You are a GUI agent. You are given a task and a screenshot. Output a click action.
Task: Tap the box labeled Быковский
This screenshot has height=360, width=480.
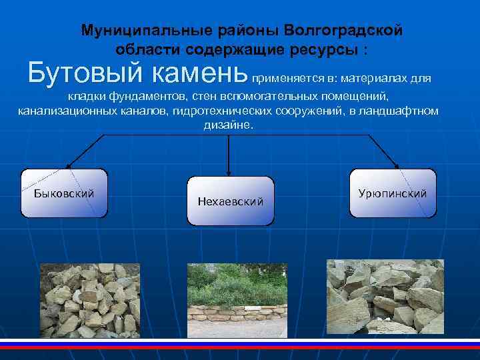tap(64, 193)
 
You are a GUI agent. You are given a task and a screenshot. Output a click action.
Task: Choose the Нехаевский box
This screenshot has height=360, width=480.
tap(231, 201)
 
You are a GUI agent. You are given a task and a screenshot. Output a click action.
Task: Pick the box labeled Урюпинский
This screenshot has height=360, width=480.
tap(393, 193)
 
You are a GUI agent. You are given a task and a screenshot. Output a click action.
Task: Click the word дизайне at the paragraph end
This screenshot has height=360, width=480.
tap(227, 125)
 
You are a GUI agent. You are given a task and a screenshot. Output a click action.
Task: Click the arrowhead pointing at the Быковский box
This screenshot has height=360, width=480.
tap(69, 165)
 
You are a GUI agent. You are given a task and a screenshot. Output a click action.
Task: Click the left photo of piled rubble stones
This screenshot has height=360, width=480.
tap(89, 300)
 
